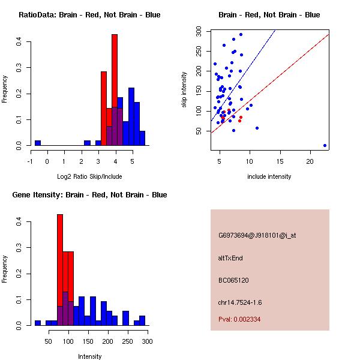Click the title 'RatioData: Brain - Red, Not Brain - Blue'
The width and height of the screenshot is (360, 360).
pyautogui.click(x=89, y=15)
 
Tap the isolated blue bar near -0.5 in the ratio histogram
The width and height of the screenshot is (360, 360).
pyautogui.click(x=38, y=143)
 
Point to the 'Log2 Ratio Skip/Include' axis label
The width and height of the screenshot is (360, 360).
pyautogui.click(x=89, y=176)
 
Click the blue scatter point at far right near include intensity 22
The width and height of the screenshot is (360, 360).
pyautogui.click(x=325, y=145)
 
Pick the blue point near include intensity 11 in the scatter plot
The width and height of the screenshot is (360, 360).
pyautogui.click(x=257, y=128)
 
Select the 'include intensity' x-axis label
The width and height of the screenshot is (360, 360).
pyautogui.click(x=269, y=176)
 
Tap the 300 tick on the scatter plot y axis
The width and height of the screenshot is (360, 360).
pyautogui.click(x=206, y=31)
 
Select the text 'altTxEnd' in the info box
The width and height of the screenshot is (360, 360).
pyautogui.click(x=230, y=258)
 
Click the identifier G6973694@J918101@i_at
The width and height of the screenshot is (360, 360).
pyautogui.click(x=257, y=235)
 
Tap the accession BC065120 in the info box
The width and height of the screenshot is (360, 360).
pyautogui.click(x=233, y=280)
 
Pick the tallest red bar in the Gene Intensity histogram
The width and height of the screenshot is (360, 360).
pyautogui.click(x=60, y=270)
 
